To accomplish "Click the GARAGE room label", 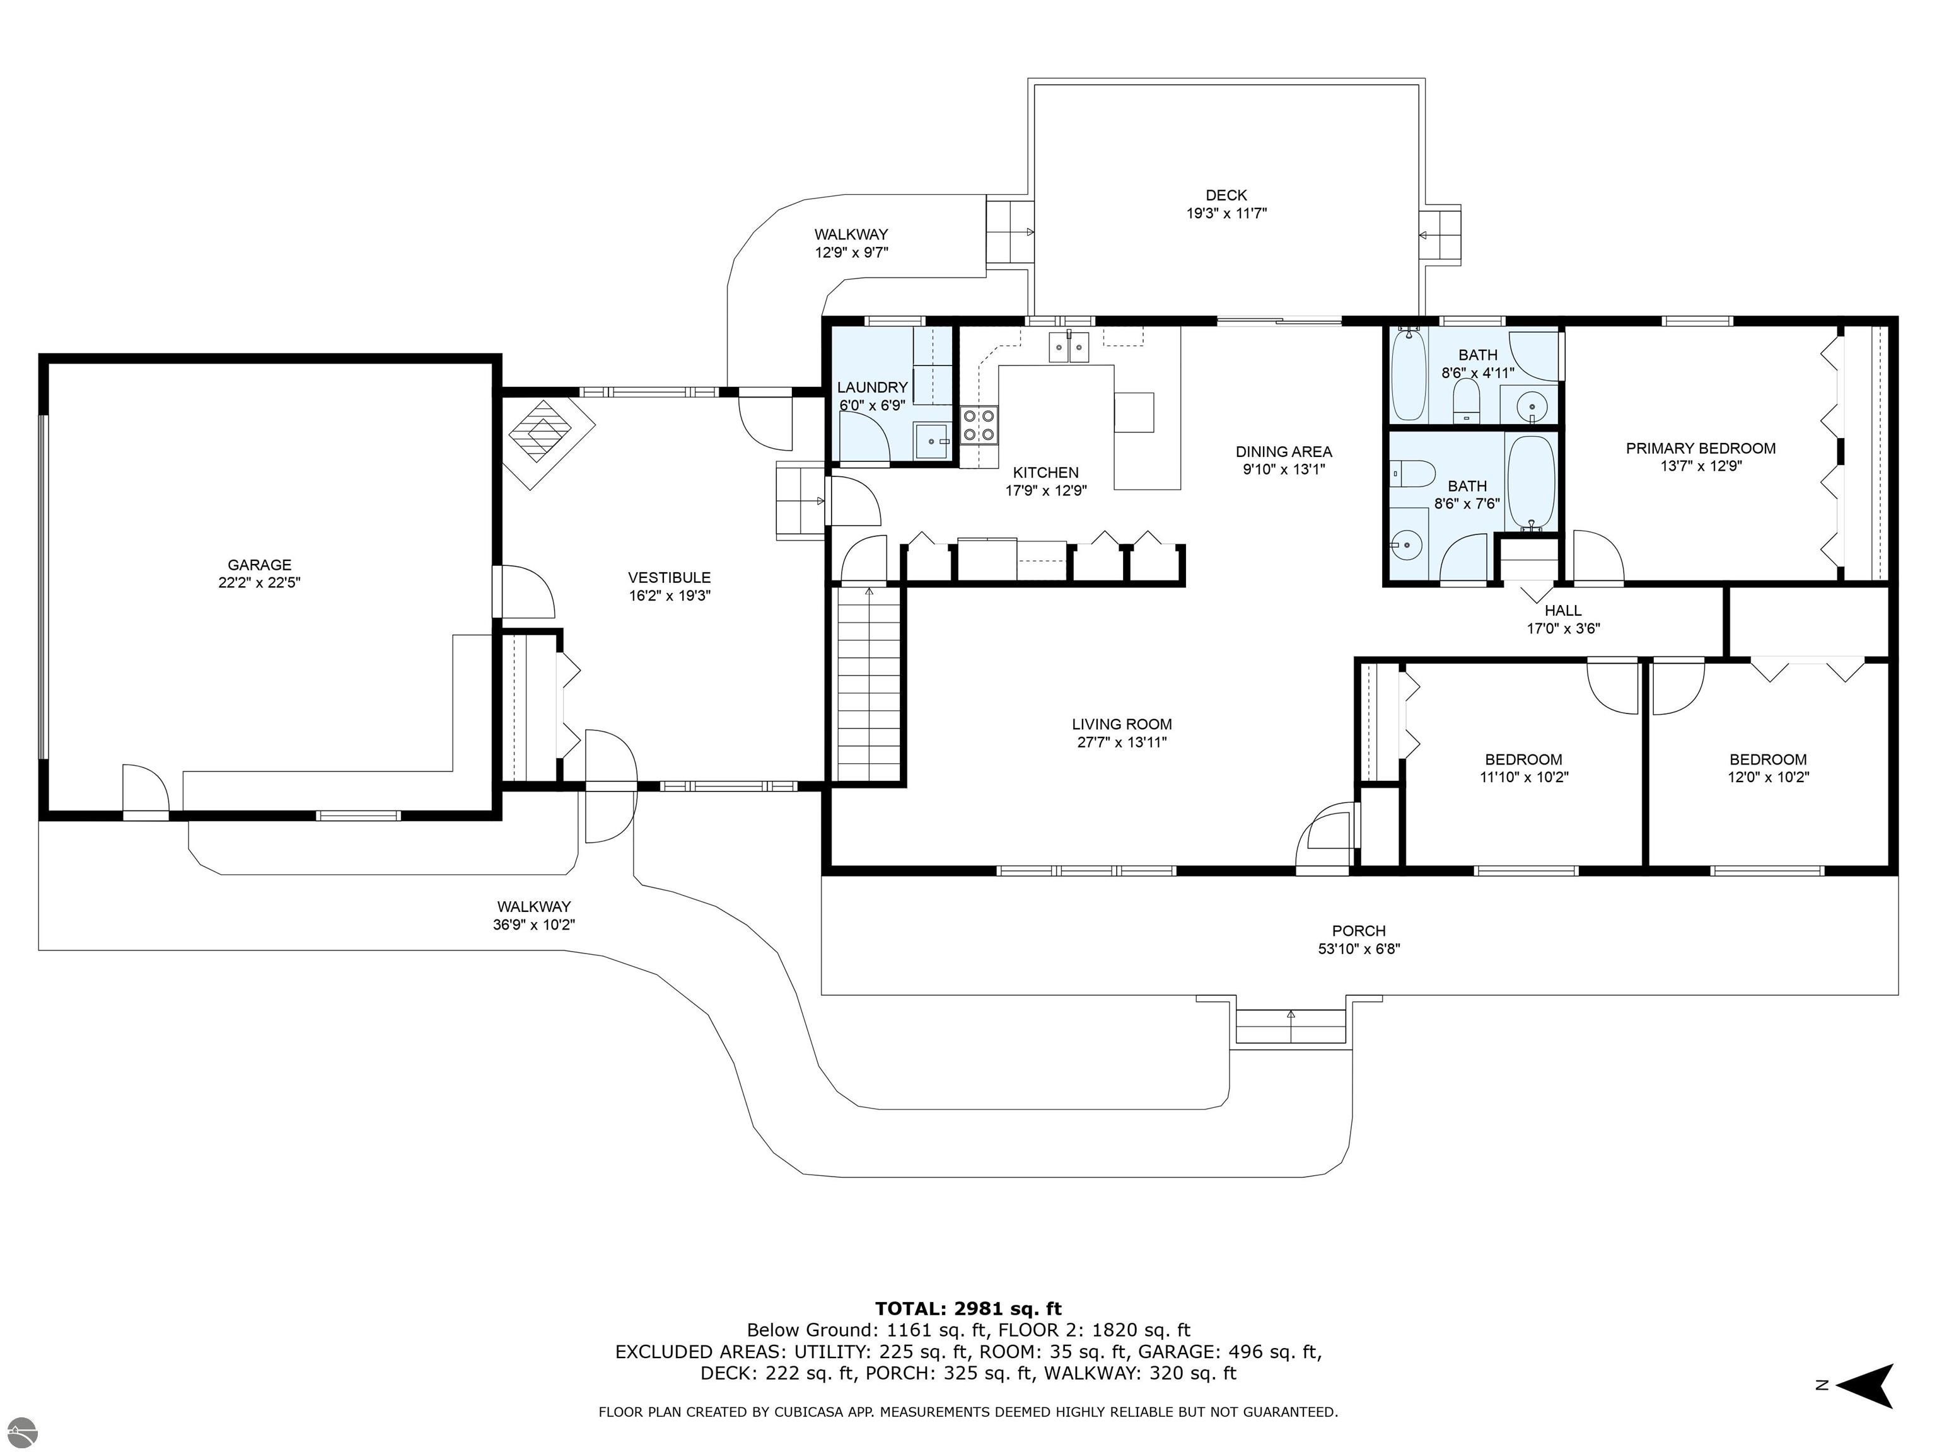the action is click(259, 565).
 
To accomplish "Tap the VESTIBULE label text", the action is click(669, 578).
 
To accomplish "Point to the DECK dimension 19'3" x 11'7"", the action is click(1226, 212).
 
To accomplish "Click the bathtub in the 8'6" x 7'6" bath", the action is click(1532, 483).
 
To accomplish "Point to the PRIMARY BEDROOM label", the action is click(1701, 448).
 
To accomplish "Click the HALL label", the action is click(1563, 611).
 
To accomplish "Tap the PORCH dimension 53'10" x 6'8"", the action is click(1359, 948).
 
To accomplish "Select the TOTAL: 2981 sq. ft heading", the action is click(968, 1308).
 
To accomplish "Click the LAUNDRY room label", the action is click(872, 388).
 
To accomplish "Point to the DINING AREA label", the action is click(1284, 452).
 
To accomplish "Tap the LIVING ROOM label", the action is click(1122, 724).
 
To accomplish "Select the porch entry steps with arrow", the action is click(1291, 1027).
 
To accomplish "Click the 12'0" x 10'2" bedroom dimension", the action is click(1768, 776).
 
